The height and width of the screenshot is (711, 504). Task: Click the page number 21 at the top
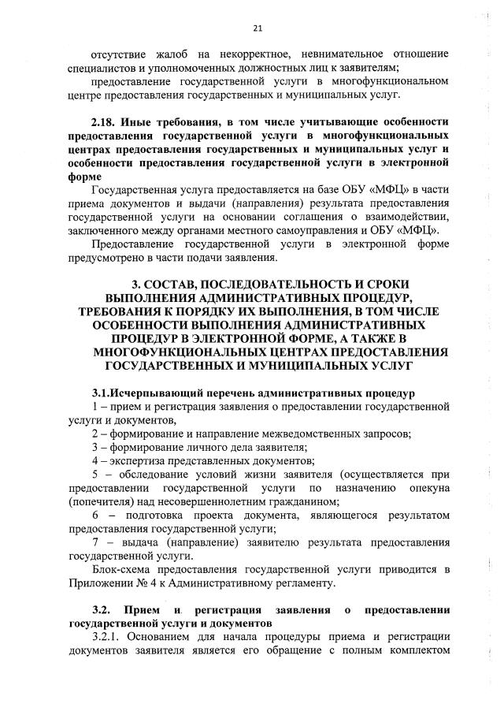coord(257,28)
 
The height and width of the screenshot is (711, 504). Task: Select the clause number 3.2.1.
coord(108,637)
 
